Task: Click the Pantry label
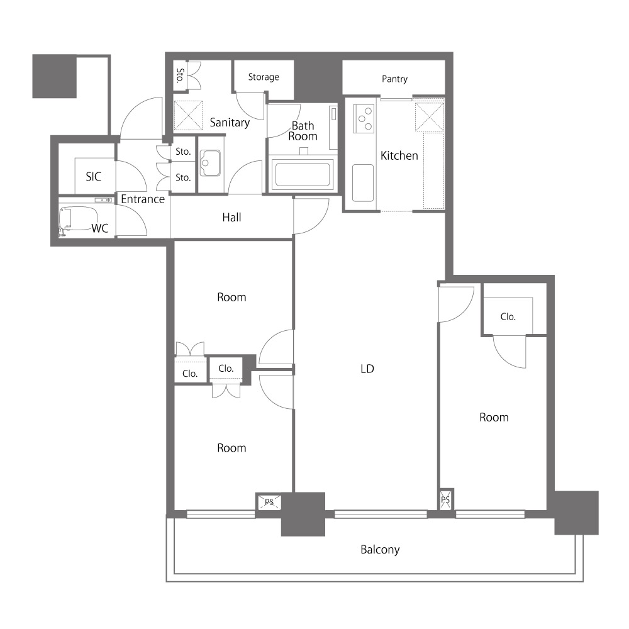394,79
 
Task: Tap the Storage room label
264,77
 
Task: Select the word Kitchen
399,155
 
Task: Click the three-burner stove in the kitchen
364,118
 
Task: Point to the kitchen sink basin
363,183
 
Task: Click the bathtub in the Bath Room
303,174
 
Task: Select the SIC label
94,177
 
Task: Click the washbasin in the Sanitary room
210,163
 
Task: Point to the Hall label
231,218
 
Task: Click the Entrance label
143,199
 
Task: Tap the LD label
367,369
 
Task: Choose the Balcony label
380,549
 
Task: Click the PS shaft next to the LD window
446,499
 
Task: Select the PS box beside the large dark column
269,501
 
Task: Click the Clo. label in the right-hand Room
508,316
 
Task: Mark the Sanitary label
230,123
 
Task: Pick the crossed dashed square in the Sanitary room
188,116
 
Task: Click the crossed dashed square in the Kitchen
429,117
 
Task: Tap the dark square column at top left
54,76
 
